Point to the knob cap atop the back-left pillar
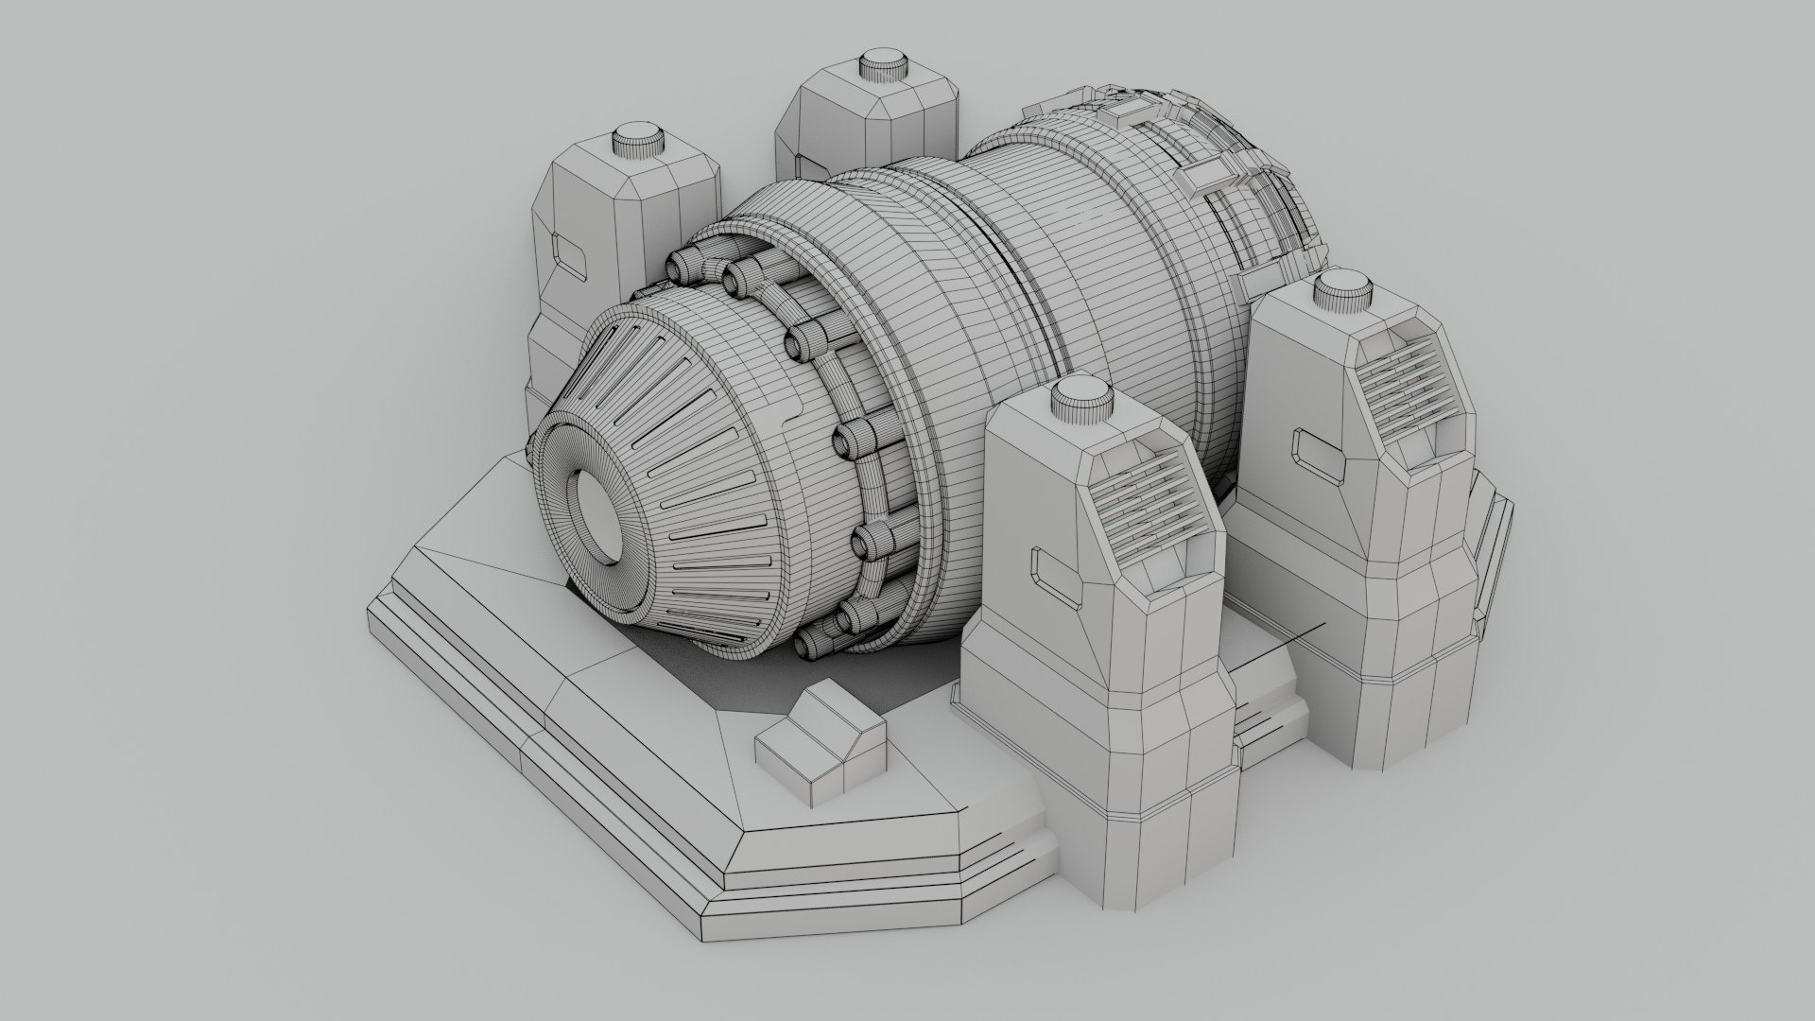coord(639,141)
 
